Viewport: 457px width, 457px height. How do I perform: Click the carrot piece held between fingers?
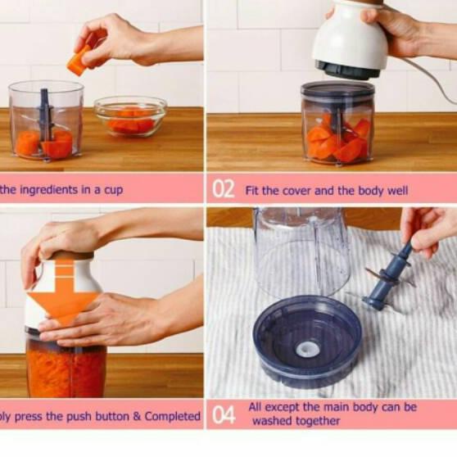(79, 60)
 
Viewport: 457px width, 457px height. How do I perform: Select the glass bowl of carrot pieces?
(130, 115)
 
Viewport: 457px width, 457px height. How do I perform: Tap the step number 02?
(224, 189)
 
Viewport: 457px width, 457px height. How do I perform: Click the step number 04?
(224, 414)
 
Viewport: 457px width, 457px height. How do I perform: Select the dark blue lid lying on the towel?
(307, 340)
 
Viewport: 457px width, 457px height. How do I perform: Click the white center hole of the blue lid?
(308, 350)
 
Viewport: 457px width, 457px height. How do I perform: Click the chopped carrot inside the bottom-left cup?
(66, 372)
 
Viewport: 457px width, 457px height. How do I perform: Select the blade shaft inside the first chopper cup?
(45, 115)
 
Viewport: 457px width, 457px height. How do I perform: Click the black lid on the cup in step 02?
(337, 91)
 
